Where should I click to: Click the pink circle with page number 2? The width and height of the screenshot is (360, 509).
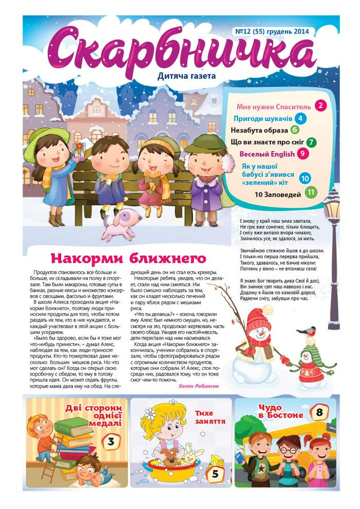coord(321,106)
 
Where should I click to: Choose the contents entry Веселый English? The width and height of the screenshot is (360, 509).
coord(267,154)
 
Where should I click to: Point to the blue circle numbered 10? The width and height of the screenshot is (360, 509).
coord(305,178)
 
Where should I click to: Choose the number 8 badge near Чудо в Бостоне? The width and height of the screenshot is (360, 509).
coord(319,412)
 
